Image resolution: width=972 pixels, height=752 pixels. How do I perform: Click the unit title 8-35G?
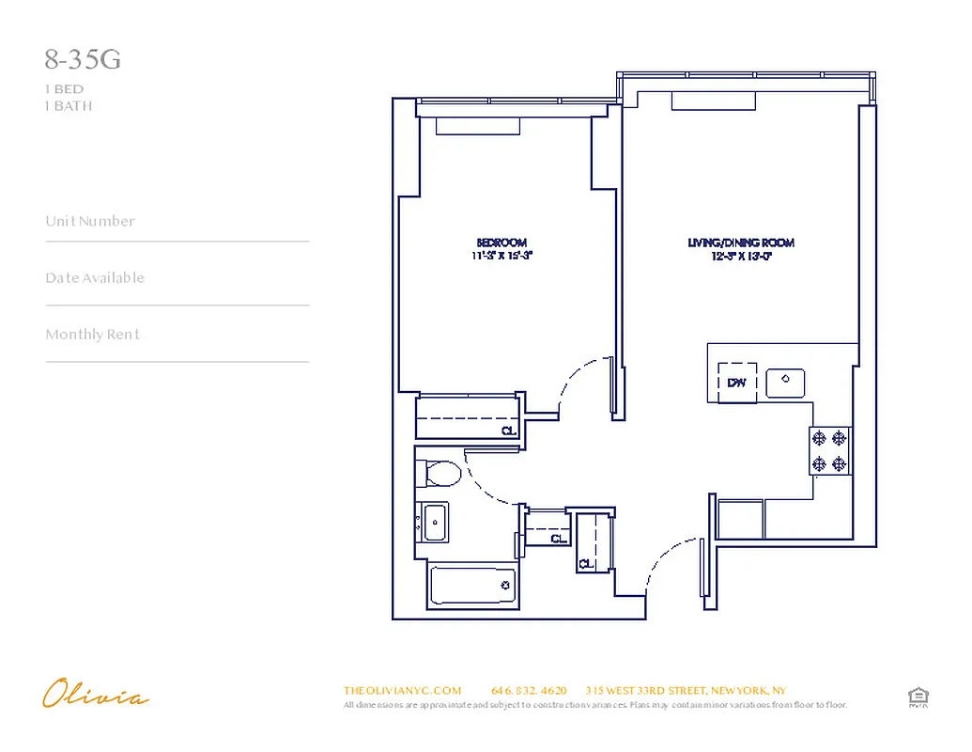pos(83,61)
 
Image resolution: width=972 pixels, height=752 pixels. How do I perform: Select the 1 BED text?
pos(64,89)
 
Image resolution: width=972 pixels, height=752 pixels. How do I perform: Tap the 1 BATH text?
pos(69,105)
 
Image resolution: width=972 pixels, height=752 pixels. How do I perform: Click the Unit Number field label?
pos(90,221)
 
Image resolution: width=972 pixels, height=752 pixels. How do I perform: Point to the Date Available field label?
pos(95,277)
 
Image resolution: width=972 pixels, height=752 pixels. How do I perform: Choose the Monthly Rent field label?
pos(92,334)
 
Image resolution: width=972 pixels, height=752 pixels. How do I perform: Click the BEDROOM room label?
pos(501,243)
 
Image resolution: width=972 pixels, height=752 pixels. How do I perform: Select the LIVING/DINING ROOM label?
pos(741,243)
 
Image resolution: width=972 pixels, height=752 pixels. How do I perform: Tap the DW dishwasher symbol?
pos(736,383)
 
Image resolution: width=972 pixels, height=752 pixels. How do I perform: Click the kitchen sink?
pos(784,383)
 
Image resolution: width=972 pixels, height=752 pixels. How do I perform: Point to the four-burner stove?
pos(829,450)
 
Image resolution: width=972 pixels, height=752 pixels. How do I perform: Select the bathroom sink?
pos(434,522)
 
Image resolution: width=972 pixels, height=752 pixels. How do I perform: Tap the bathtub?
pos(472,586)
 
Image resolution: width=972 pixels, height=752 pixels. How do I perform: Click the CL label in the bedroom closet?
pos(508,431)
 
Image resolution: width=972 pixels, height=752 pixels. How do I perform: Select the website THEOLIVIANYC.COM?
pos(402,690)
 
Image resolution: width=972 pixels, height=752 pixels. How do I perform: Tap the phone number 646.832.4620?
pos(529,690)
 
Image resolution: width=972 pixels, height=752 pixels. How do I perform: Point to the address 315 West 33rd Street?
pos(685,690)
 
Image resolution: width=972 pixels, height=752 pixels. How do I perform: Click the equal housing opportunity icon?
pos(918,697)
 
